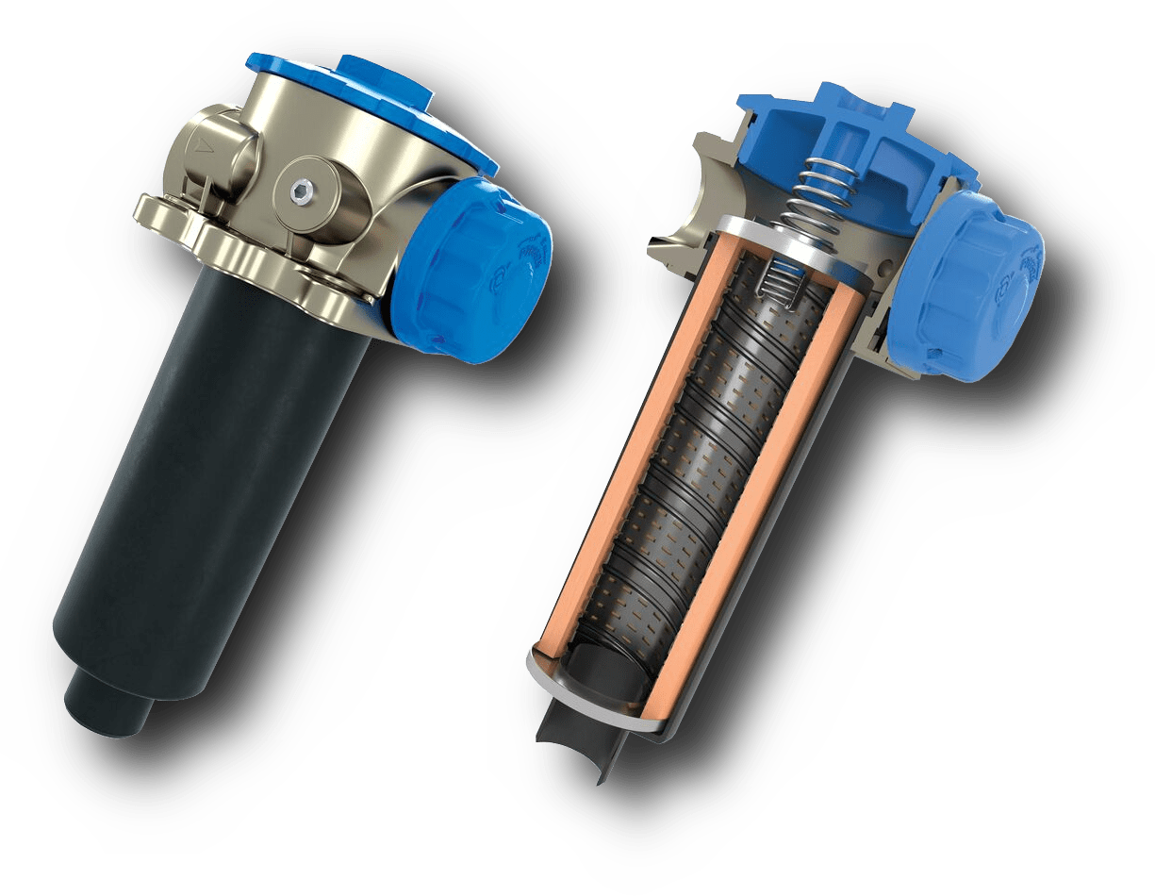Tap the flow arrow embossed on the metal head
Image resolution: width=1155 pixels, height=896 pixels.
click(x=200, y=145)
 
